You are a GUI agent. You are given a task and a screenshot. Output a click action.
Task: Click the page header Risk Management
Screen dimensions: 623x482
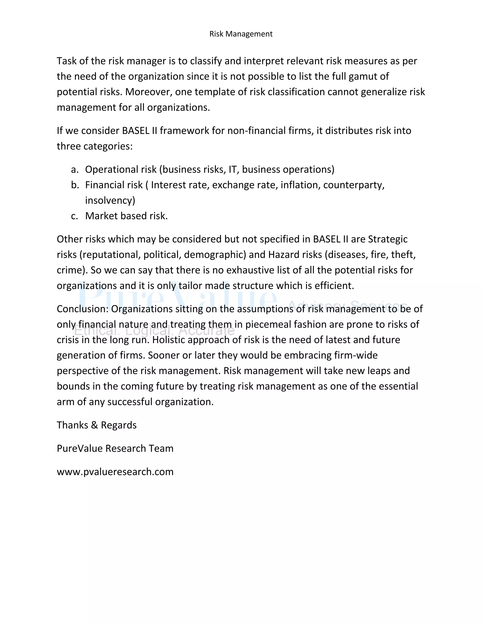click(x=241, y=34)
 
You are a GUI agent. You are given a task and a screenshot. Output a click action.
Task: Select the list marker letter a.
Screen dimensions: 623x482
click(x=74, y=170)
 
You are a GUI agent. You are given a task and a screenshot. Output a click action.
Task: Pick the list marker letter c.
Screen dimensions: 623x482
click(x=74, y=216)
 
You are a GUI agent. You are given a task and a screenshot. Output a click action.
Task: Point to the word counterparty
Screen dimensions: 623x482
click(x=353, y=185)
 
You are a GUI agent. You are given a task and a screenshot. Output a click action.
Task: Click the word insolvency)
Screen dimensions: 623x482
click(x=110, y=201)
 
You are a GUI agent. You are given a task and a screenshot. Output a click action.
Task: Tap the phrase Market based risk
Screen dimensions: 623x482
click(x=126, y=216)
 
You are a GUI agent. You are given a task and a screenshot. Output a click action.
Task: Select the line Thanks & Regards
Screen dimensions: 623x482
click(x=96, y=425)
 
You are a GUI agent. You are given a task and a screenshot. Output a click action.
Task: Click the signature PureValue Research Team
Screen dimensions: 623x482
click(x=115, y=448)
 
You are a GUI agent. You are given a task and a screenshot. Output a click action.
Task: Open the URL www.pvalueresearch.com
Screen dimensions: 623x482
click(x=115, y=472)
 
